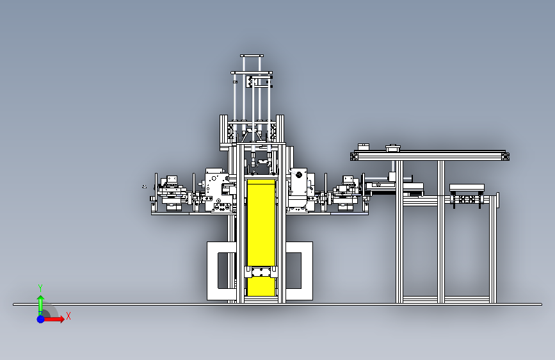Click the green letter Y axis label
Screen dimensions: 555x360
pos(40,288)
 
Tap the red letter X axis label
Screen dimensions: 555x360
pos(68,316)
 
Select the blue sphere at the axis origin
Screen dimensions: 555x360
pos(41,319)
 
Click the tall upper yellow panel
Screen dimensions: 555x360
pos(261,222)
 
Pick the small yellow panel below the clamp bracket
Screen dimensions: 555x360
pos(261,287)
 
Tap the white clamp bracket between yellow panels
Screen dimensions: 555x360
pos(261,272)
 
